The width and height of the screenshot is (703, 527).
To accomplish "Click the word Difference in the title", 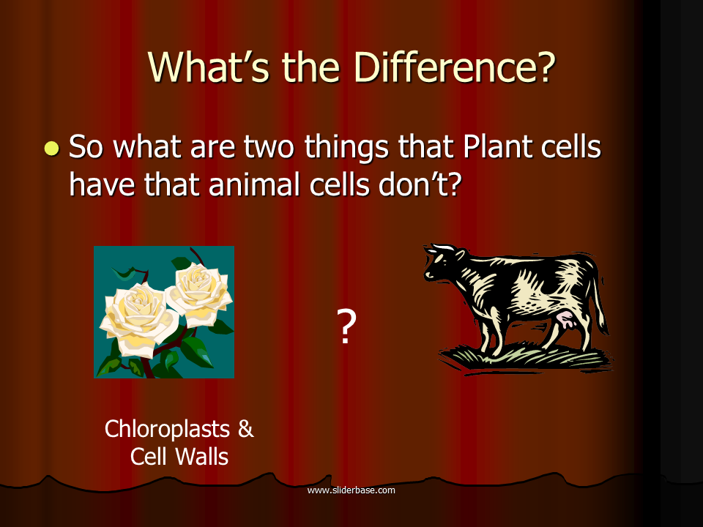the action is click(x=455, y=67).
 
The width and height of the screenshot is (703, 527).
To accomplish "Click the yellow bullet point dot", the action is click(x=52, y=149).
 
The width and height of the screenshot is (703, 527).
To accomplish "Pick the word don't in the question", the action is click(x=420, y=184).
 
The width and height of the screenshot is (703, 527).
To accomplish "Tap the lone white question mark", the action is click(x=346, y=326).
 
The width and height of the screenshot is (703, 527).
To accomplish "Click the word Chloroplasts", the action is click(x=167, y=429).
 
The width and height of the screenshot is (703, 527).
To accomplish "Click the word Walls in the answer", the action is click(x=202, y=457).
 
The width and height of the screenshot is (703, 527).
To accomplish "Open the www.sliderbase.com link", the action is click(x=351, y=490).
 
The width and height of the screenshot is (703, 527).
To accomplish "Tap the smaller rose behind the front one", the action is click(x=199, y=292).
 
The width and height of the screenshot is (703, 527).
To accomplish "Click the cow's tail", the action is click(x=600, y=300).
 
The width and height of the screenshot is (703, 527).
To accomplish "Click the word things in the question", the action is click(x=346, y=147).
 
